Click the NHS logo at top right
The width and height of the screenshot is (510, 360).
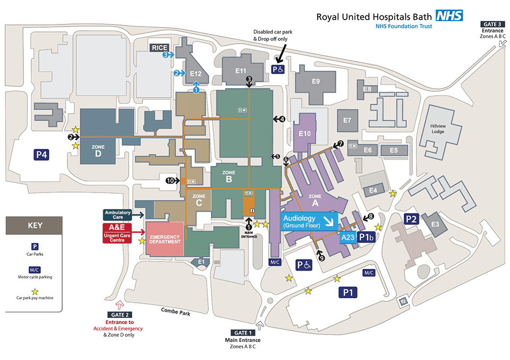coord(449,15)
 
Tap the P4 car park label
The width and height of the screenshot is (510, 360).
coord(42,155)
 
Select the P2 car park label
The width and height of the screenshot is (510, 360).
coord(412,219)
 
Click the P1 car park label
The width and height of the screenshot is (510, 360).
coord(349,291)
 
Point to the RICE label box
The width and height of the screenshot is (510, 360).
coord(159,48)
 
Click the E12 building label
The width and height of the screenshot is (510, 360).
coord(196,73)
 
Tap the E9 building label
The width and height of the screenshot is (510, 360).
coord(316,81)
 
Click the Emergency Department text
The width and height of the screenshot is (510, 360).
coord(166,239)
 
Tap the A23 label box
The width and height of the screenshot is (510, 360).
coord(348,237)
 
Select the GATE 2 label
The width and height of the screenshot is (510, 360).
coord(118,314)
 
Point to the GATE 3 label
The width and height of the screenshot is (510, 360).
coord(492,24)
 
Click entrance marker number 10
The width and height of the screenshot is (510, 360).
coord(170,181)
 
